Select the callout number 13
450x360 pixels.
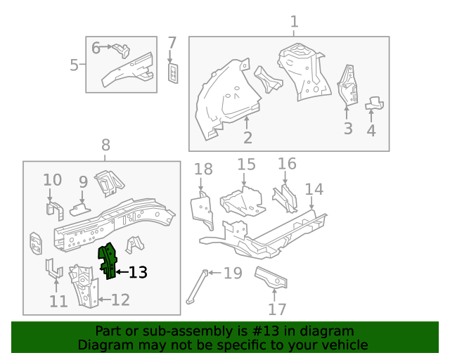point(138,272)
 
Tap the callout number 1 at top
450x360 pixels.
point(294,21)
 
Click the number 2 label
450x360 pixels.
point(247,137)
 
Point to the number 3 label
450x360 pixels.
point(347,129)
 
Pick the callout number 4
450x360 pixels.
point(371,130)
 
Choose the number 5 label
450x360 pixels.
point(75,65)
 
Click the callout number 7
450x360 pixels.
point(172,43)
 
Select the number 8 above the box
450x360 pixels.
point(105,146)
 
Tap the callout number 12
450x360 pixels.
point(120,300)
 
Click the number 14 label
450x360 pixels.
point(314,189)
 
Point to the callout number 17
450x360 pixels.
point(278,309)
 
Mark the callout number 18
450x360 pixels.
point(202,169)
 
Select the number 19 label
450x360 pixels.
point(232,273)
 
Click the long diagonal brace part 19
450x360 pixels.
point(196,287)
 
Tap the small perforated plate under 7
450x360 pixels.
point(173,72)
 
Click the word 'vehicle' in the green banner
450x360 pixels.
point(343,345)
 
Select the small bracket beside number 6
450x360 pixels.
point(122,50)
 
